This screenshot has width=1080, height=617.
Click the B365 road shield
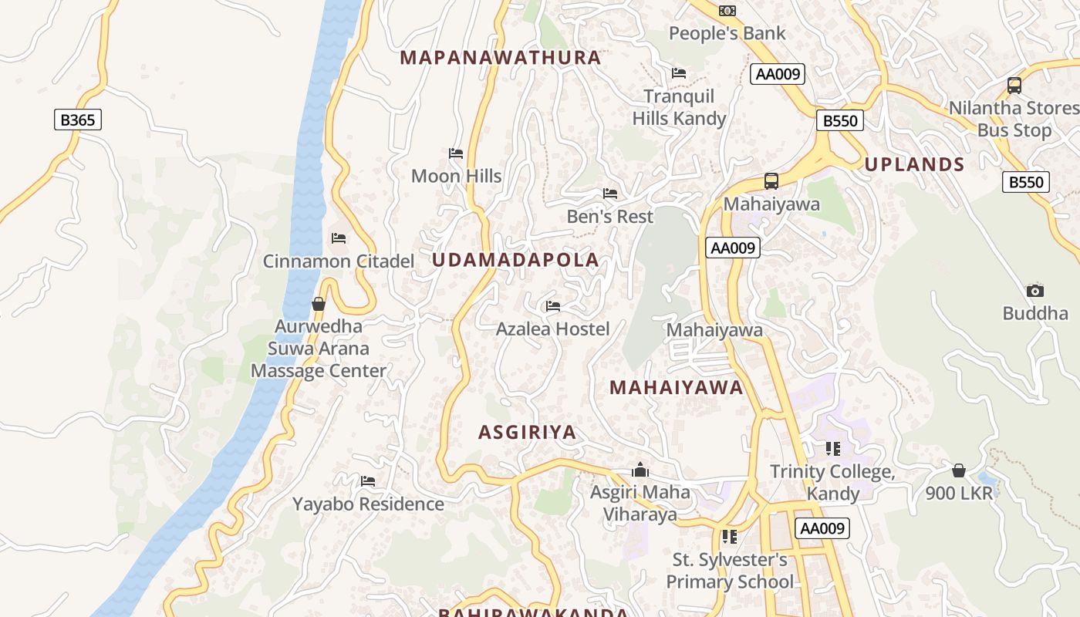[x=78, y=120]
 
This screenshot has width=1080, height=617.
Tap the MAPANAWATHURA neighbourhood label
[x=501, y=58]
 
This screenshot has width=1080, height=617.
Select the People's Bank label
[x=727, y=33]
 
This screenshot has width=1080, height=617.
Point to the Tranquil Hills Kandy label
[x=679, y=107]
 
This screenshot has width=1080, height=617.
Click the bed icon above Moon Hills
[x=456, y=153]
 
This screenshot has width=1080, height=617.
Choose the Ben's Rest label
[x=609, y=217]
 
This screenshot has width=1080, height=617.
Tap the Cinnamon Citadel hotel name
[x=339, y=261]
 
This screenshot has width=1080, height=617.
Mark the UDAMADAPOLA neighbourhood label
[x=515, y=260]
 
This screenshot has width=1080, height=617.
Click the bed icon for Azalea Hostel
[x=553, y=306]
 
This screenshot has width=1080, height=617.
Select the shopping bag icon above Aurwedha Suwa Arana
[x=318, y=304]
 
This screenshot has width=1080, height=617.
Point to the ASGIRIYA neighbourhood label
[x=528, y=433]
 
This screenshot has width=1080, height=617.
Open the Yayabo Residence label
[x=368, y=504]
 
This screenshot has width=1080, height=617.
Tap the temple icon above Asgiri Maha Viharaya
[x=640, y=470]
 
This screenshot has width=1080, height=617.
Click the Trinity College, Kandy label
[x=833, y=482]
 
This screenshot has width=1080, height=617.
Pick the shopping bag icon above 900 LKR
[x=959, y=470]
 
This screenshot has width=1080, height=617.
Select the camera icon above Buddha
[x=1035, y=291]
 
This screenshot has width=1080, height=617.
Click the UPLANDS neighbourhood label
[x=914, y=164]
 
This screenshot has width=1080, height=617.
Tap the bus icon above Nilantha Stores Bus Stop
[x=1014, y=86]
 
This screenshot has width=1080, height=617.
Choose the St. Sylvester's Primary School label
[x=729, y=571]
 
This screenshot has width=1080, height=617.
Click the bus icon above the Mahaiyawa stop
[x=771, y=181]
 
